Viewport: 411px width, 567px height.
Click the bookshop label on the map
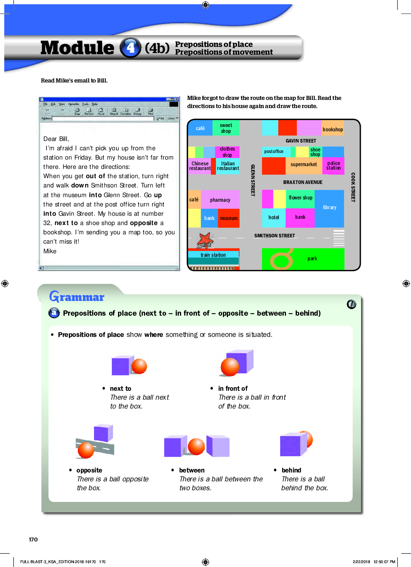click(x=333, y=129)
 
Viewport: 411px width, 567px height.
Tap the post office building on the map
click(x=274, y=151)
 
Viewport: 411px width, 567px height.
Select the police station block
click(x=333, y=166)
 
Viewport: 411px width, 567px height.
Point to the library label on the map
click(x=330, y=208)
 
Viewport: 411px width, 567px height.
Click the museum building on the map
click(x=229, y=218)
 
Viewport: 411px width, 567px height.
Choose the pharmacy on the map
click(x=220, y=200)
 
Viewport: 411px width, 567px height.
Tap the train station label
click(x=213, y=255)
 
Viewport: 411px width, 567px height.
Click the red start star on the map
click(x=205, y=240)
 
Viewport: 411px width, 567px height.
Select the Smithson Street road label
click(x=274, y=235)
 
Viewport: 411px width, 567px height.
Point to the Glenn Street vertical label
click(x=253, y=180)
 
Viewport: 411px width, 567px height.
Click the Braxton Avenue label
click(x=303, y=182)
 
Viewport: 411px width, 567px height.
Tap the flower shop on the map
click(x=300, y=198)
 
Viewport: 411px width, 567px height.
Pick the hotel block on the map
click(x=274, y=218)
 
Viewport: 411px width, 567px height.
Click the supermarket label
click(x=304, y=165)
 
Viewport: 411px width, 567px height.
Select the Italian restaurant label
click(x=228, y=166)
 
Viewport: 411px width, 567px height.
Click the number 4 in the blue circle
click(x=130, y=48)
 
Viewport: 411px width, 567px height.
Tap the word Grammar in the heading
click(x=77, y=297)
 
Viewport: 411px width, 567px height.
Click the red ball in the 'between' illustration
click(x=196, y=446)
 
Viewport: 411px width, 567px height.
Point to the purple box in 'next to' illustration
click(x=120, y=366)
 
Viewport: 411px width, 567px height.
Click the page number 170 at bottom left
click(x=33, y=540)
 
